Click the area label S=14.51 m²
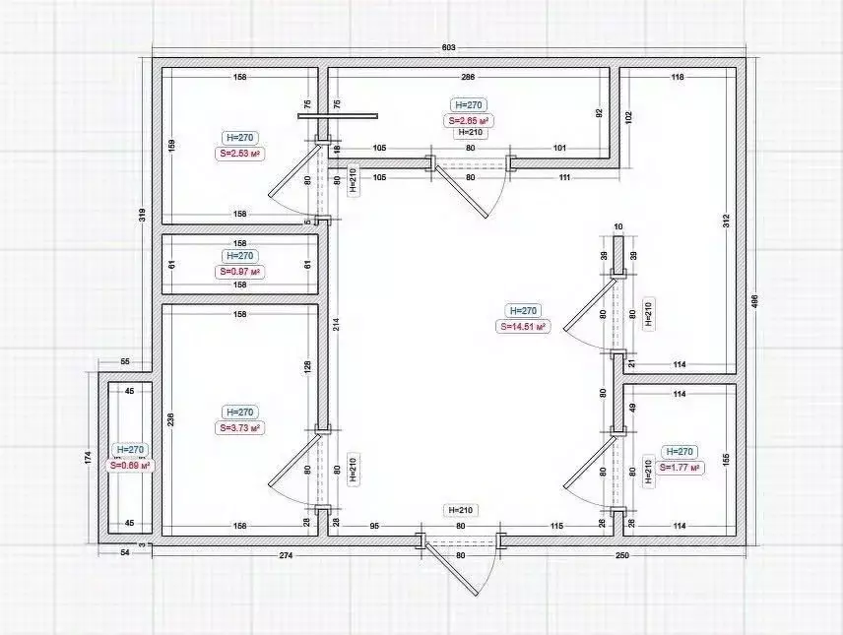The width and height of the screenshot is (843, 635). (523, 327)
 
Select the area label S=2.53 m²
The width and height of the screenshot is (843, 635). (239, 154)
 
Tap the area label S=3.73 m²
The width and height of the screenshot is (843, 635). (239, 428)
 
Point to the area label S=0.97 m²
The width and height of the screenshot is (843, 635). (239, 271)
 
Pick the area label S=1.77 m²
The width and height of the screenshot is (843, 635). (680, 468)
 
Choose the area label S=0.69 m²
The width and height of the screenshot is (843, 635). (130, 465)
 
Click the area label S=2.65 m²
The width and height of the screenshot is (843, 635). (468, 120)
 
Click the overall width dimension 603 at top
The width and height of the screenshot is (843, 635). (448, 47)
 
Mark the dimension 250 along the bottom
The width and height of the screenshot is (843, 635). (622, 556)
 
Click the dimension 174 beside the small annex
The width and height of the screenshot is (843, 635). (88, 458)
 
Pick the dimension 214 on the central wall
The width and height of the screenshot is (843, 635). (336, 324)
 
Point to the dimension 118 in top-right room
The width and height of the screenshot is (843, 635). (678, 76)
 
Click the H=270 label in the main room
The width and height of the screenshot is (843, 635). (523, 310)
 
